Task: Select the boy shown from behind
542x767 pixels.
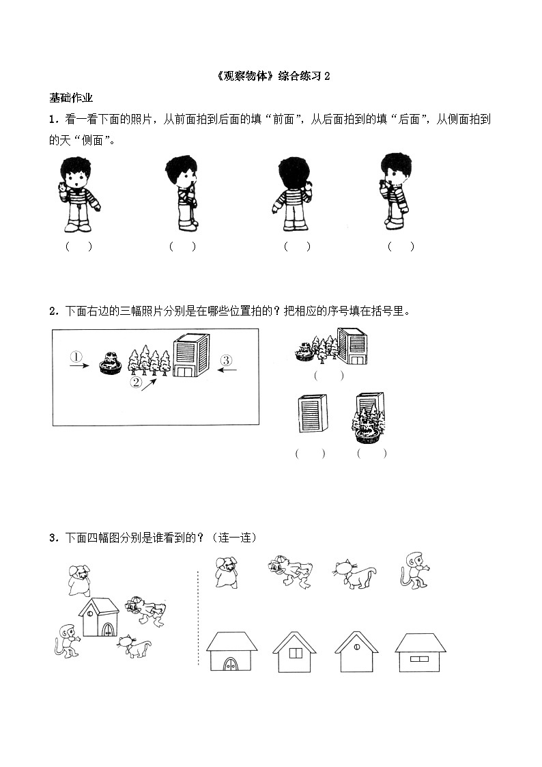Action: click(293, 194)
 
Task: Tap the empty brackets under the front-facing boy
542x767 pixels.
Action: click(79, 247)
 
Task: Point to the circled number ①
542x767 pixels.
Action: click(76, 357)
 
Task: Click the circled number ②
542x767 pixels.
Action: click(137, 382)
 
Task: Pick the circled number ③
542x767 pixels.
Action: click(227, 360)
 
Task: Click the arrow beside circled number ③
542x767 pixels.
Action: click(227, 370)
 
